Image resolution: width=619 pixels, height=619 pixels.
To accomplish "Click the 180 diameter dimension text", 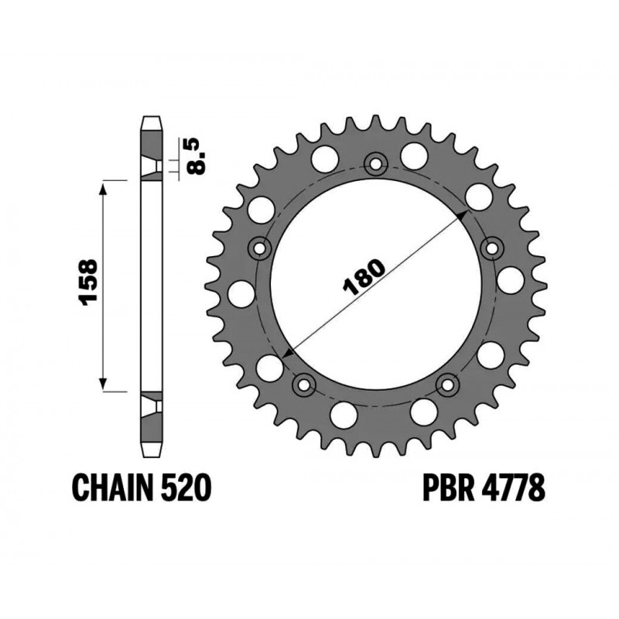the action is click(x=364, y=278).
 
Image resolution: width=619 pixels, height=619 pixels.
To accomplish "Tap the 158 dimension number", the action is click(x=87, y=282).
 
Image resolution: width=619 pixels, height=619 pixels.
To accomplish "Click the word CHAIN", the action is click(x=112, y=487).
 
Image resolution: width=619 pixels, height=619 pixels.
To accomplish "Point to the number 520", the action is click(x=186, y=487).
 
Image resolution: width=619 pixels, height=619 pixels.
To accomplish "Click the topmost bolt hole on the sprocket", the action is click(x=375, y=163).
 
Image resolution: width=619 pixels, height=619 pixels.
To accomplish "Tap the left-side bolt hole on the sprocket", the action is click(x=259, y=248).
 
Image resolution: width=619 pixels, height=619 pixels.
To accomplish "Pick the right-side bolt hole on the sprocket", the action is click(x=492, y=248).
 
